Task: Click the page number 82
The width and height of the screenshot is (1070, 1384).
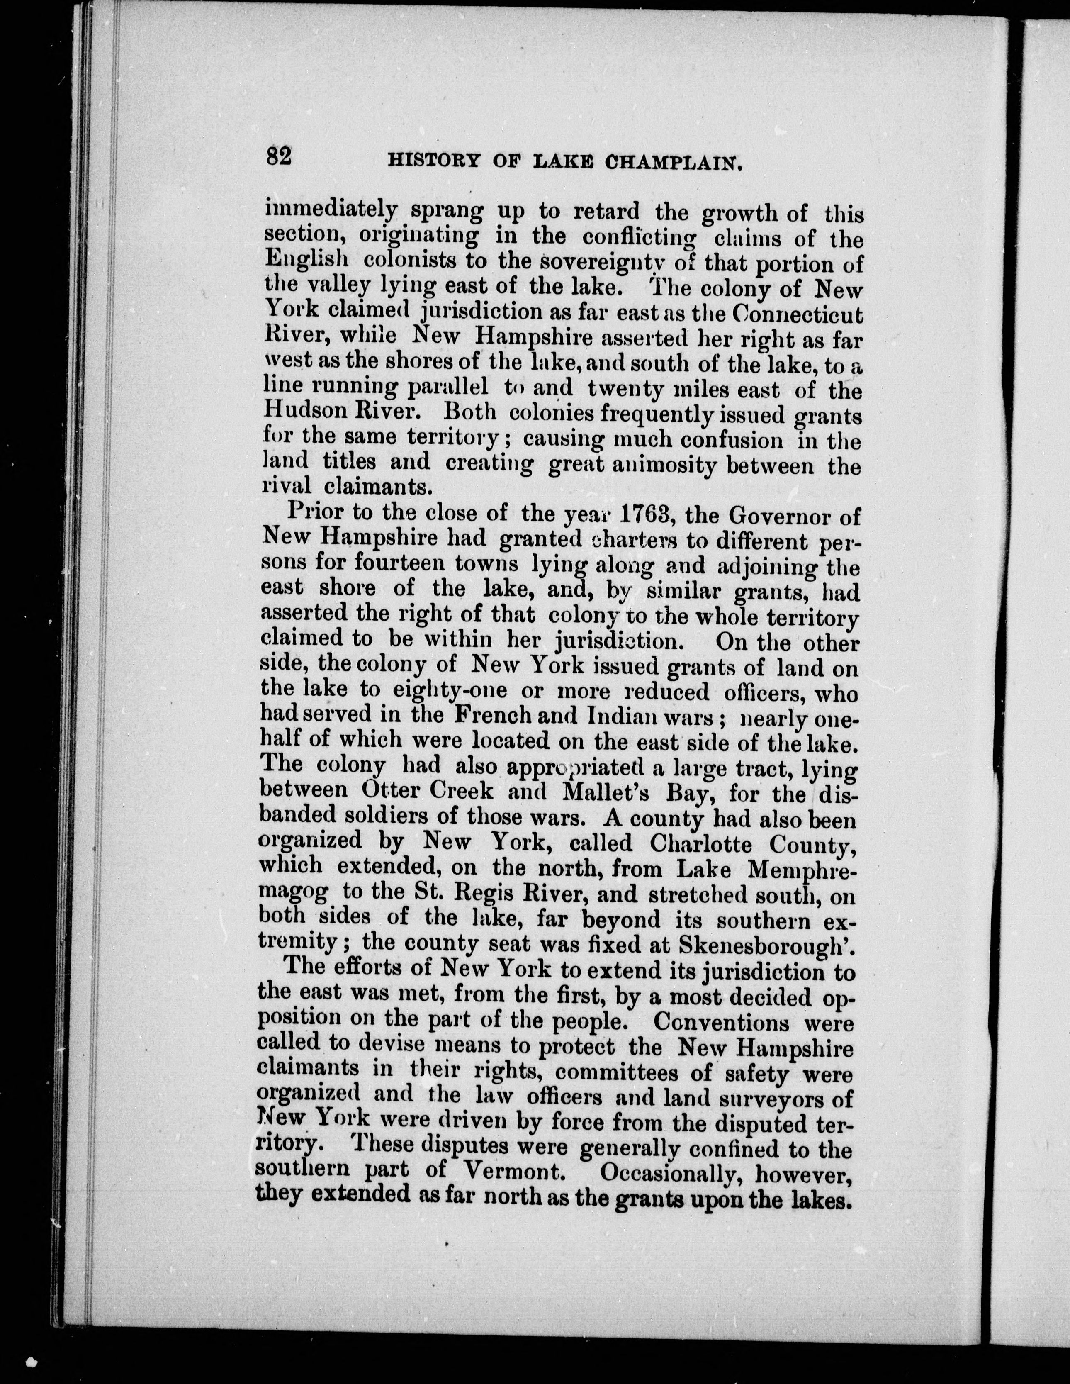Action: (x=279, y=156)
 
